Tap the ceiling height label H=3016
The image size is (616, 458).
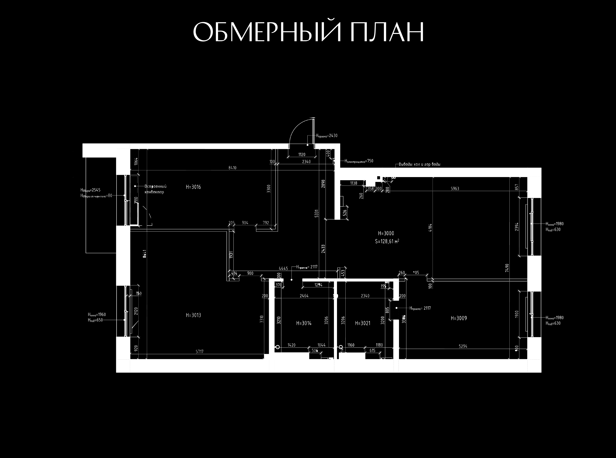[193, 187]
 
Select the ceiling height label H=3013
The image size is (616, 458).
[193, 315]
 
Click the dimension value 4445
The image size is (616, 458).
[283, 268]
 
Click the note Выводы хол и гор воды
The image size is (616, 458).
[420, 164]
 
